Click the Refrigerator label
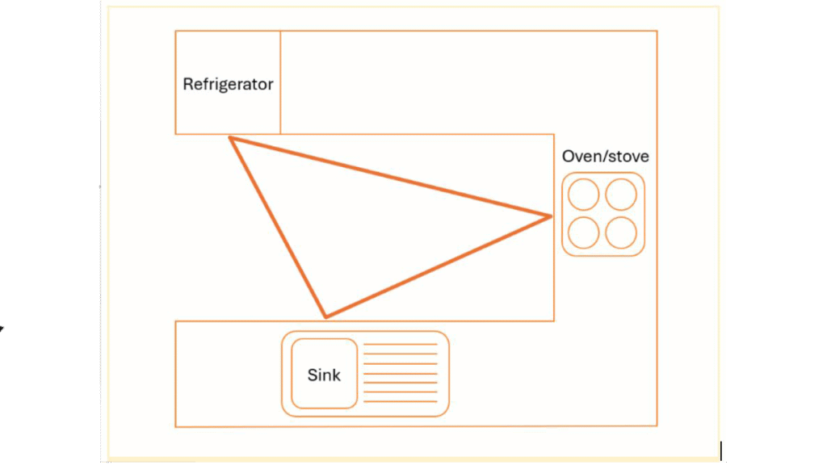point(228,84)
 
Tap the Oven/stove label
point(605,157)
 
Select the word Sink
point(324,375)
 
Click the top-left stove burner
point(584,195)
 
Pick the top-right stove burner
point(621,195)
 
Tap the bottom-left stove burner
point(584,232)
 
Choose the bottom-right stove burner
point(621,232)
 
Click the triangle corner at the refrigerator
point(230,138)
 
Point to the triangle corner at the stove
point(551,216)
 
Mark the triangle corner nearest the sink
point(325,316)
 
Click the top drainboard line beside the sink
point(401,345)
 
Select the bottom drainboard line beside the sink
point(401,401)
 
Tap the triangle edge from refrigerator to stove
point(391,177)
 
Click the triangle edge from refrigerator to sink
point(278,227)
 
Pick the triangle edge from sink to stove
point(438,266)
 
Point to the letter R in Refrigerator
point(187,84)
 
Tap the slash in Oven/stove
point(604,157)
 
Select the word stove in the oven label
point(628,157)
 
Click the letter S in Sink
point(312,375)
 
